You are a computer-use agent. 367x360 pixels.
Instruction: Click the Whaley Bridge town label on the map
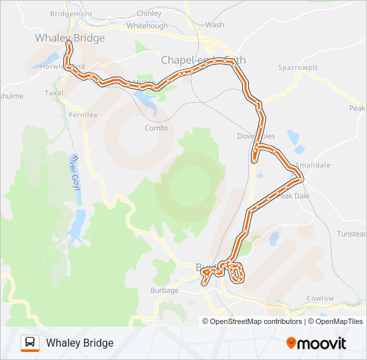tap(70, 38)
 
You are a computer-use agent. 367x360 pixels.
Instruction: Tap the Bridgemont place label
tap(71, 13)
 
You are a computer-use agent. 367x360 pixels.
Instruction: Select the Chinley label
tap(149, 13)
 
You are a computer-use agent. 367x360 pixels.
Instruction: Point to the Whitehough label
tap(147, 25)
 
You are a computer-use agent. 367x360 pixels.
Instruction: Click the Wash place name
tap(215, 25)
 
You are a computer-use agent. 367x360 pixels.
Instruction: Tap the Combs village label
tap(156, 128)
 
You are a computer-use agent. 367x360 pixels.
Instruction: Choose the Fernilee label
tap(83, 115)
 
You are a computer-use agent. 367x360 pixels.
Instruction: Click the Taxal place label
tap(53, 93)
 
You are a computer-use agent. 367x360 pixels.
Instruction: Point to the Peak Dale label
tap(294, 196)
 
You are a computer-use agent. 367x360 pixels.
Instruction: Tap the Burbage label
tap(164, 290)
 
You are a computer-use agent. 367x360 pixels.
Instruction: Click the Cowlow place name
tap(320, 298)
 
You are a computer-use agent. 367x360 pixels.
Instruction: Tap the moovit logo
tap(316, 343)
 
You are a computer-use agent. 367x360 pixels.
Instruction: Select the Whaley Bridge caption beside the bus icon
tap(79, 343)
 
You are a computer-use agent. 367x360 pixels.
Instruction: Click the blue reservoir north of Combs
tap(146, 100)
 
